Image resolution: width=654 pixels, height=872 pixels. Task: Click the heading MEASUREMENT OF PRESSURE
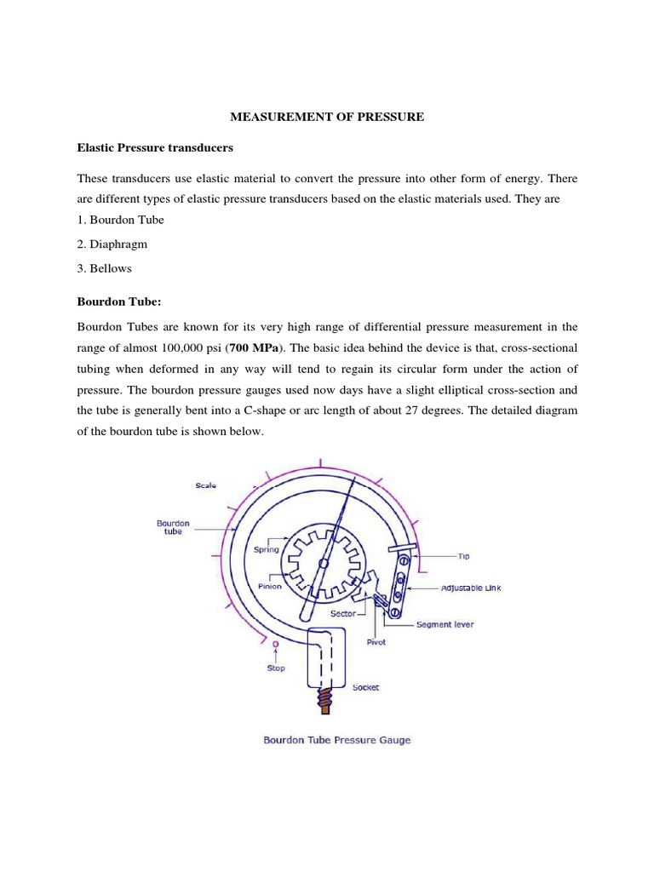pyautogui.click(x=326, y=117)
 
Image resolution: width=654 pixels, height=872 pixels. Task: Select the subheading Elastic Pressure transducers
pyautogui.click(x=155, y=148)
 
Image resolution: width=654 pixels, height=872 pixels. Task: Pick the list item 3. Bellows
pyautogui.click(x=105, y=268)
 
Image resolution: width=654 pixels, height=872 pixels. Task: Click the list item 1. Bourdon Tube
pyautogui.click(x=120, y=220)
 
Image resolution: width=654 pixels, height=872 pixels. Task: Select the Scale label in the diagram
pyautogui.click(x=205, y=485)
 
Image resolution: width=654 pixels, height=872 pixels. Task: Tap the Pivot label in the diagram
pyautogui.click(x=376, y=642)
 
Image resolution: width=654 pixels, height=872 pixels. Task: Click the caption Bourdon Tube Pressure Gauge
pyautogui.click(x=336, y=740)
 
